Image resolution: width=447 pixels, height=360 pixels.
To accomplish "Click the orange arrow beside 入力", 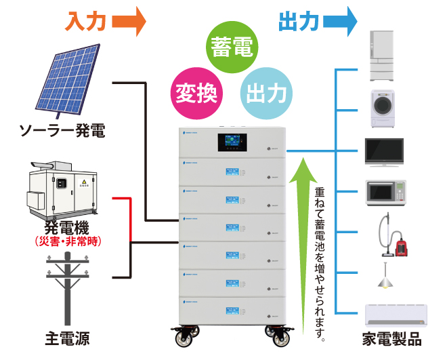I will pyautogui.click(x=129, y=21).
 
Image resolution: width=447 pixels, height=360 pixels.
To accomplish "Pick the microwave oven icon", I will pyautogui.click(x=385, y=193).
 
